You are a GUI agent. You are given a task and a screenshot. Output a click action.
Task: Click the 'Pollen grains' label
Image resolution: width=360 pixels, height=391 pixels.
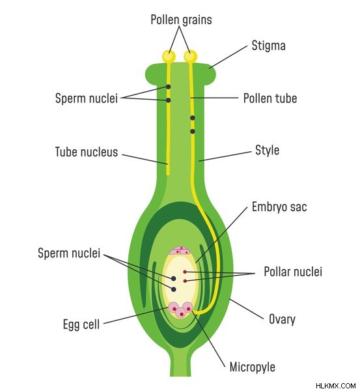pyautogui.click(x=181, y=20)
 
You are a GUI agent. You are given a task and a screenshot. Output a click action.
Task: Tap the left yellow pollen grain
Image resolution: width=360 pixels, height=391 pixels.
pyautogui.click(x=169, y=56)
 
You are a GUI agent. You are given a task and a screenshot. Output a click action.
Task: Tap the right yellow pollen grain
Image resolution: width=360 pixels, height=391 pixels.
pyautogui.click(x=190, y=56)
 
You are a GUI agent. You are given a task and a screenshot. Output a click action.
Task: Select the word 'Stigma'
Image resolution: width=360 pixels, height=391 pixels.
pyautogui.click(x=269, y=46)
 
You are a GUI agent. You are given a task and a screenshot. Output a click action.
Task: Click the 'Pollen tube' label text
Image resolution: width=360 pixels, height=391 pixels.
pyautogui.click(x=270, y=98)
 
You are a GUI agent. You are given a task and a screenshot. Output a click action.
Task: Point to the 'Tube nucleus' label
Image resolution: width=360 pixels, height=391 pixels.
pyautogui.click(x=86, y=152)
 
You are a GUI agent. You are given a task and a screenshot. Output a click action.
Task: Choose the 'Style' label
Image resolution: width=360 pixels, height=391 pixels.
pyautogui.click(x=267, y=151)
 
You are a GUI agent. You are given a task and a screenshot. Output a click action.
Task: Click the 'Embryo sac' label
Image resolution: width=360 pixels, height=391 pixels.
pyautogui.click(x=279, y=207)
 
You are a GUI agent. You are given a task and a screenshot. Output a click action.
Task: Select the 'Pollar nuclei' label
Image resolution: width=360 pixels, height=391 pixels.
pyautogui.click(x=293, y=271)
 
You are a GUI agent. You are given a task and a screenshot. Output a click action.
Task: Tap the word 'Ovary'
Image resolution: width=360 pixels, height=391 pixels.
pyautogui.click(x=282, y=319)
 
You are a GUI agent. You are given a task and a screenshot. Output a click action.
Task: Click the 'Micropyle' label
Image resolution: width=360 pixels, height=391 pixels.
pyautogui.click(x=252, y=367)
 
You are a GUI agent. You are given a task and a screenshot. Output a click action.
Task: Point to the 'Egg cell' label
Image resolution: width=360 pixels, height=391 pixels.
pyautogui.click(x=81, y=325)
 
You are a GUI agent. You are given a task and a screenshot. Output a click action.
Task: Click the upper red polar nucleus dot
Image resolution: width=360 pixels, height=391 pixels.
pyautogui.click(x=185, y=272)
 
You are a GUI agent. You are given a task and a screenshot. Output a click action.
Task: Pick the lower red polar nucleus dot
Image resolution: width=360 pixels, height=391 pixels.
pyautogui.click(x=185, y=281)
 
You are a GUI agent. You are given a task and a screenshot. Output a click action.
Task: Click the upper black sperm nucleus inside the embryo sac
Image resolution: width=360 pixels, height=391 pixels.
pyautogui.click(x=173, y=278)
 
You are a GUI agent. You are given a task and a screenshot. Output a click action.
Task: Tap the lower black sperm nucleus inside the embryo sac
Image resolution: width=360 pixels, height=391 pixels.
pyautogui.click(x=173, y=289)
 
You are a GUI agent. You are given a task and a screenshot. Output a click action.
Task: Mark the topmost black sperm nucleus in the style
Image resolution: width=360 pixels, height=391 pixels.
pyautogui.click(x=169, y=87)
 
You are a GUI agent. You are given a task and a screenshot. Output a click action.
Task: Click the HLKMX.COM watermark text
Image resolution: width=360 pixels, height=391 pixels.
pyautogui.click(x=335, y=386)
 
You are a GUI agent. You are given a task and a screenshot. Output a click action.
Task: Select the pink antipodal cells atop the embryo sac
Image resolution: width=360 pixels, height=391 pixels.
pyautogui.click(x=180, y=251)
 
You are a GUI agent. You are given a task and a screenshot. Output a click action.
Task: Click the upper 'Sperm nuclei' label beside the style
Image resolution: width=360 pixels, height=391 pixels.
pyautogui.click(x=86, y=98)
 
